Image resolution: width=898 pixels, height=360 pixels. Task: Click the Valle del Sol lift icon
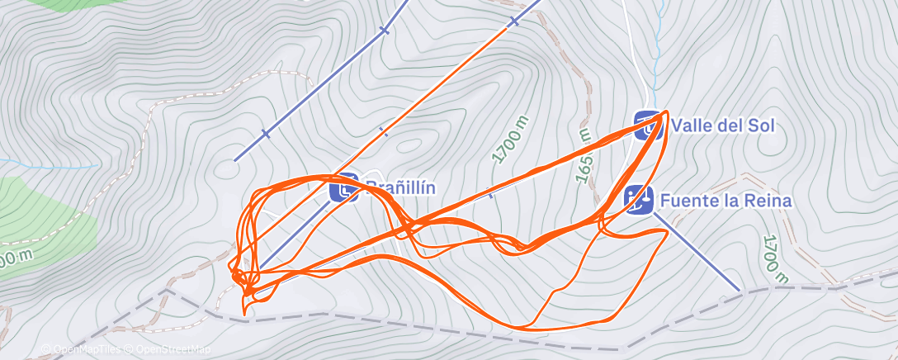pos(647,124)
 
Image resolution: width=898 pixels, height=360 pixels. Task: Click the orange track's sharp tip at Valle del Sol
pos(665,111)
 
